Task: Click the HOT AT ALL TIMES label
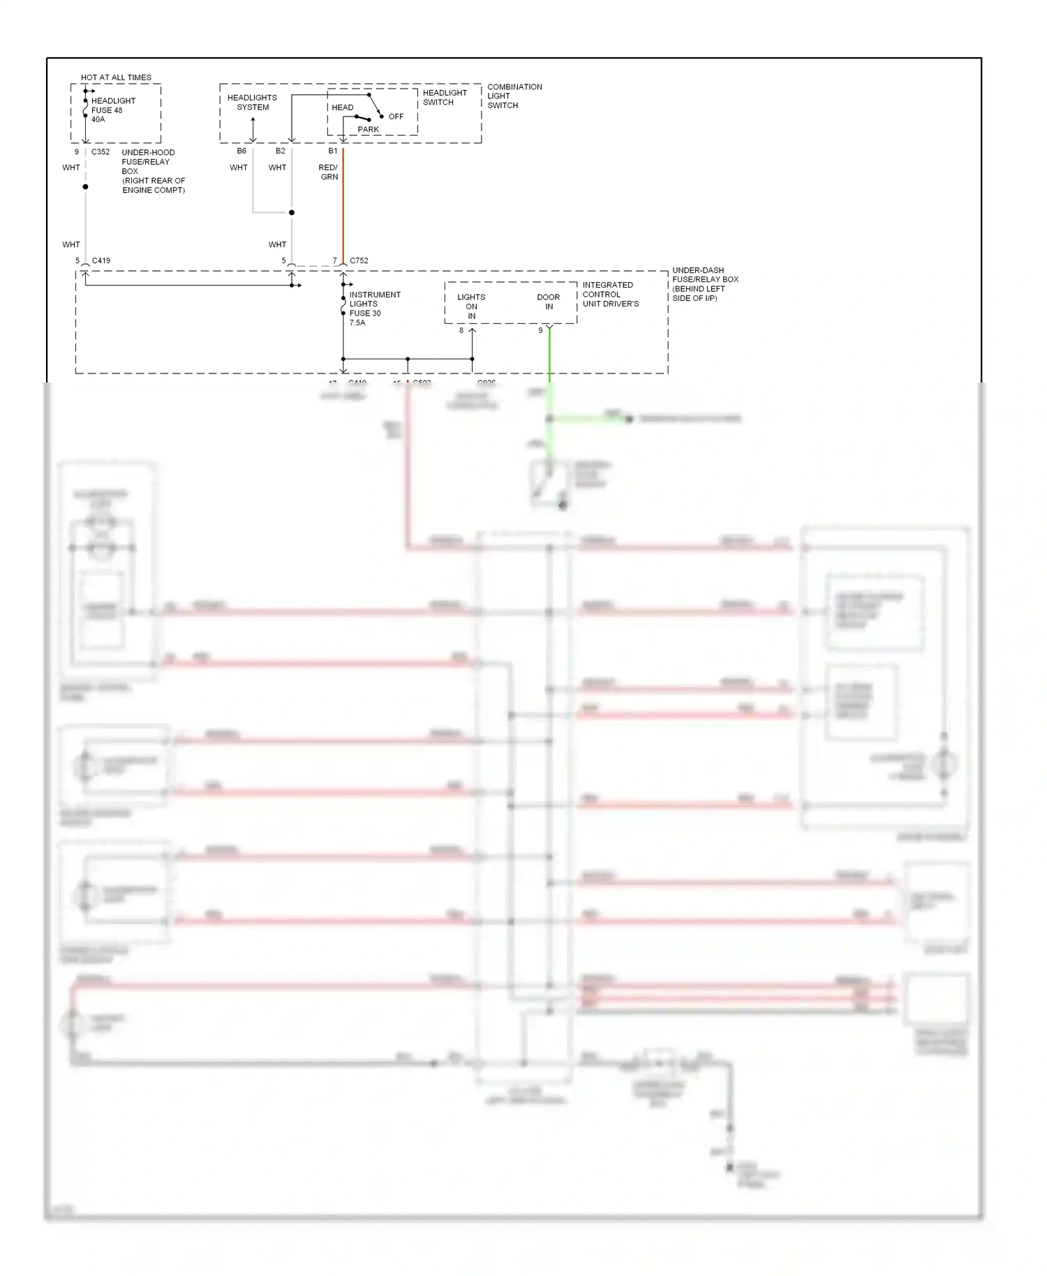coord(116,77)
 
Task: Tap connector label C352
coord(101,151)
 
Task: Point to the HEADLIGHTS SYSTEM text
coord(252,102)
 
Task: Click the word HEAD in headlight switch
coord(342,107)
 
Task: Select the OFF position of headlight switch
coord(396,117)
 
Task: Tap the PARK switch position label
coord(368,129)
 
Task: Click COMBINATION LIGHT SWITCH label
coord(514,96)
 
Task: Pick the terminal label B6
coord(242,151)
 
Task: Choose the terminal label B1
coord(333,151)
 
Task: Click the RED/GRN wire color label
coord(328,172)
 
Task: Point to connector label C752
coord(359,260)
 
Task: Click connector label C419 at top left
coord(101,260)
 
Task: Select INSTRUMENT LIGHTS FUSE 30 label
coord(374,308)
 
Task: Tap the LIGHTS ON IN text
coord(471,306)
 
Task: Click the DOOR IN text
coord(548,302)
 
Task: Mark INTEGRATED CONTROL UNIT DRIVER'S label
coord(610,294)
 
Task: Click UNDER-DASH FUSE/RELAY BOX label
coord(704,283)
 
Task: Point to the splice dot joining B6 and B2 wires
coord(292,212)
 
